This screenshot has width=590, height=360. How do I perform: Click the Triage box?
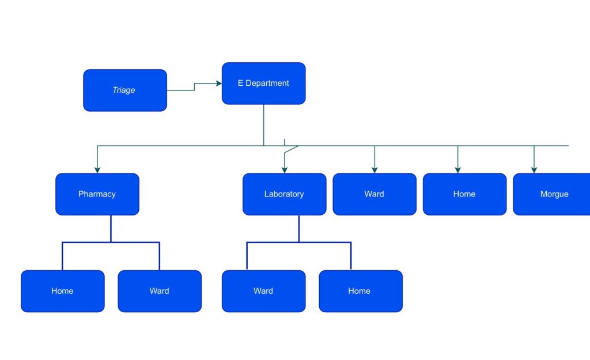coord(125,90)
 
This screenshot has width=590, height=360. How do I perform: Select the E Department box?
coord(264,84)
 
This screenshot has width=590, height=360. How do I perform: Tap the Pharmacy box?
coord(97,194)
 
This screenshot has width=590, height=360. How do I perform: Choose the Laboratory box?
coord(285,194)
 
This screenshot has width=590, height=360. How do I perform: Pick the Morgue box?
coord(551,194)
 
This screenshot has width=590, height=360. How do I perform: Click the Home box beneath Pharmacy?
coord(63,291)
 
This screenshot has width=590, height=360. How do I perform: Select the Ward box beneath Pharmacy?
coord(160,291)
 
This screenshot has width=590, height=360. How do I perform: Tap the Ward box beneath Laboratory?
coord(264,291)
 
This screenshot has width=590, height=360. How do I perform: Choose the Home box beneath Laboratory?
coord(361,291)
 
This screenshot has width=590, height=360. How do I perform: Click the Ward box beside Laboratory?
coord(375,194)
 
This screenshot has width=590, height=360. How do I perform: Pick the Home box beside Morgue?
coord(465,194)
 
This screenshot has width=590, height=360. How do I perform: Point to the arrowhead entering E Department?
coord(219,83)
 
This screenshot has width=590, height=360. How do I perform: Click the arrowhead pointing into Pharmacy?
coord(97,170)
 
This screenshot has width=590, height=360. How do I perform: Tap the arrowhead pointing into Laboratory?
coord(285,170)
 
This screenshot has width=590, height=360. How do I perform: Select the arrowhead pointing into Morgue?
coord(534,170)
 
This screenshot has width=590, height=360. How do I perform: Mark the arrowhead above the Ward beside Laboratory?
coord(375,170)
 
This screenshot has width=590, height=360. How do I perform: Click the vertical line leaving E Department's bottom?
coord(264,125)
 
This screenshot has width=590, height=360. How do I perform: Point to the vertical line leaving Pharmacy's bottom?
coord(111,229)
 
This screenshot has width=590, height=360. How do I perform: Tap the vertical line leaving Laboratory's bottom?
coord(299,229)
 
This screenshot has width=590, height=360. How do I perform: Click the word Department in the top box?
coord(267,83)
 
